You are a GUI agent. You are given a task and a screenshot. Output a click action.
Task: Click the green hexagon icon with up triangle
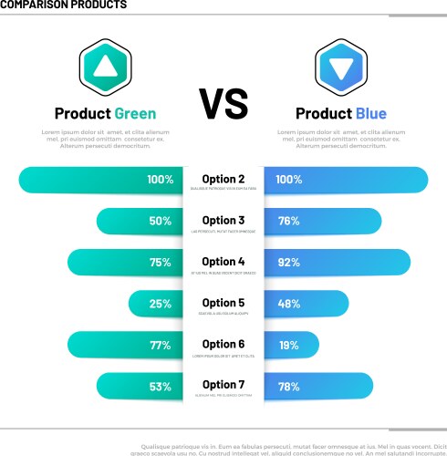(x=106, y=67)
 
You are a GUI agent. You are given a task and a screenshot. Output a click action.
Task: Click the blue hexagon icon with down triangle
(x=341, y=67)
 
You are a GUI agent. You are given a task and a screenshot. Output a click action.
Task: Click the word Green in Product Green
(x=135, y=114)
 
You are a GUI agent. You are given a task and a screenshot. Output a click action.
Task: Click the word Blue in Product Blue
(x=371, y=114)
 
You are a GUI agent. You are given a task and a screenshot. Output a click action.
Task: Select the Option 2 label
(x=223, y=180)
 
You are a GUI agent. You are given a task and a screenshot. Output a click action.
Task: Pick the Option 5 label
(x=223, y=303)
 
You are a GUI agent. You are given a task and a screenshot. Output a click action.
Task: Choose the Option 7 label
(x=223, y=385)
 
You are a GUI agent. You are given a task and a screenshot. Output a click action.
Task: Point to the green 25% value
(x=161, y=304)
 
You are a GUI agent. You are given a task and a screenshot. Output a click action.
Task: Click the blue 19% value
(x=289, y=345)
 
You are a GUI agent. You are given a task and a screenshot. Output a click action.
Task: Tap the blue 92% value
(x=289, y=263)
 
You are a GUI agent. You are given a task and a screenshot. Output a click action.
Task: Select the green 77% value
(x=161, y=345)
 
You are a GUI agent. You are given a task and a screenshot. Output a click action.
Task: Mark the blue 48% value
(x=289, y=304)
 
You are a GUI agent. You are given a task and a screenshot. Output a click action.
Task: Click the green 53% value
(x=161, y=387)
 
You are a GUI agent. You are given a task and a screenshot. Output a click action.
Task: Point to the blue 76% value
(x=289, y=222)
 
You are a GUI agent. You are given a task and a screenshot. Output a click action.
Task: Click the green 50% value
(x=161, y=222)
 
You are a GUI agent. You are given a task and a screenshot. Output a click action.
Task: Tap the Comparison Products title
(x=64, y=5)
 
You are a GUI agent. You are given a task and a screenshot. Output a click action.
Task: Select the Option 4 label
(x=223, y=262)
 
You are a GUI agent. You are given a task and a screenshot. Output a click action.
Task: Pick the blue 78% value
(x=289, y=387)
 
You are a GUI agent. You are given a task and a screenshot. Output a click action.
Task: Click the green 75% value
(x=161, y=263)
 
